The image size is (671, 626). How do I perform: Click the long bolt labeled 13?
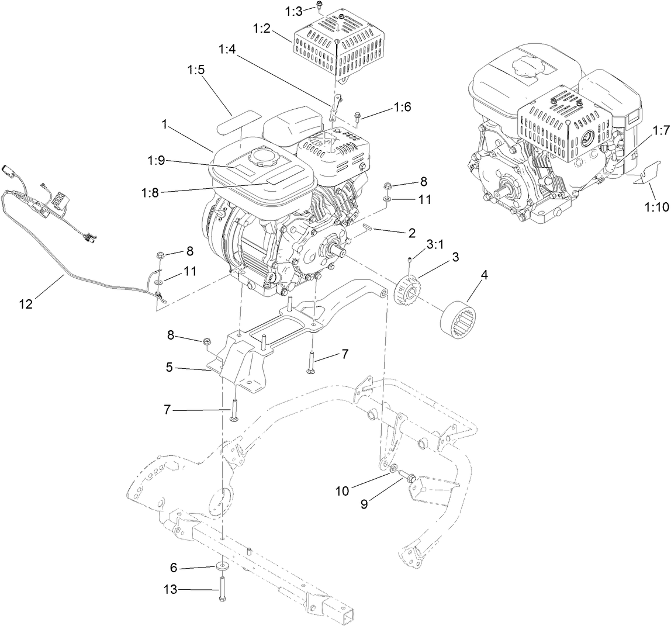pos(223,590)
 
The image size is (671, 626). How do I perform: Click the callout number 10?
pos(343,491)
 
